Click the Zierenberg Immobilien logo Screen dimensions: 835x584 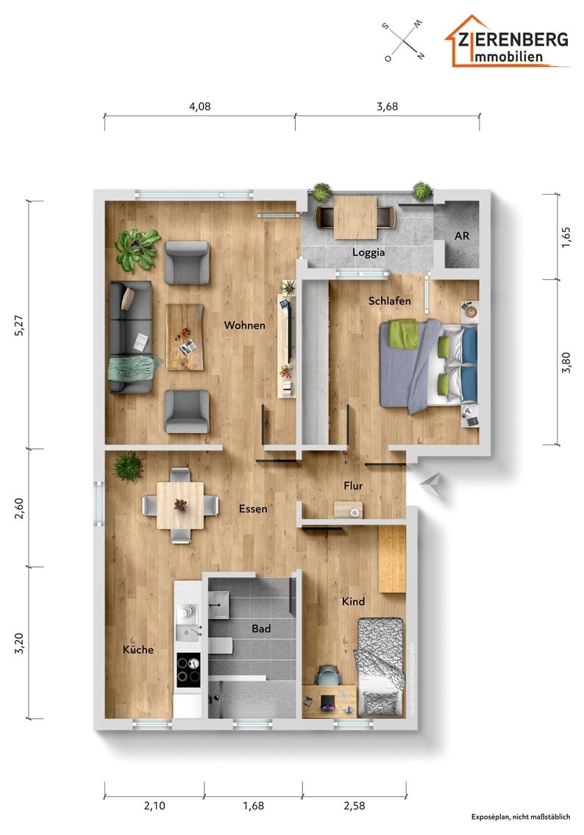(508, 43)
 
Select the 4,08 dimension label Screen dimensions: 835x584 (199, 106)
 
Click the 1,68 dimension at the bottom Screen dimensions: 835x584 (252, 806)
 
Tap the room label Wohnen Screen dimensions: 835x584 (245, 325)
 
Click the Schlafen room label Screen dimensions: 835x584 (389, 301)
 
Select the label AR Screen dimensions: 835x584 (461, 237)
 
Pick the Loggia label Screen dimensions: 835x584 (368, 252)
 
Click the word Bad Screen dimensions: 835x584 (261, 628)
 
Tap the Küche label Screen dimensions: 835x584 (138, 650)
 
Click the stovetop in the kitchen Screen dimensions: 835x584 (188, 670)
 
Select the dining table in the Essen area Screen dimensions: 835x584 (180, 505)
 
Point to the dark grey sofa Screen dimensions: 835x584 (131, 337)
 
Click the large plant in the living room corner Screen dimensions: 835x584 (137, 248)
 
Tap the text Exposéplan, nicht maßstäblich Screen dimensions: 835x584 (520, 817)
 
